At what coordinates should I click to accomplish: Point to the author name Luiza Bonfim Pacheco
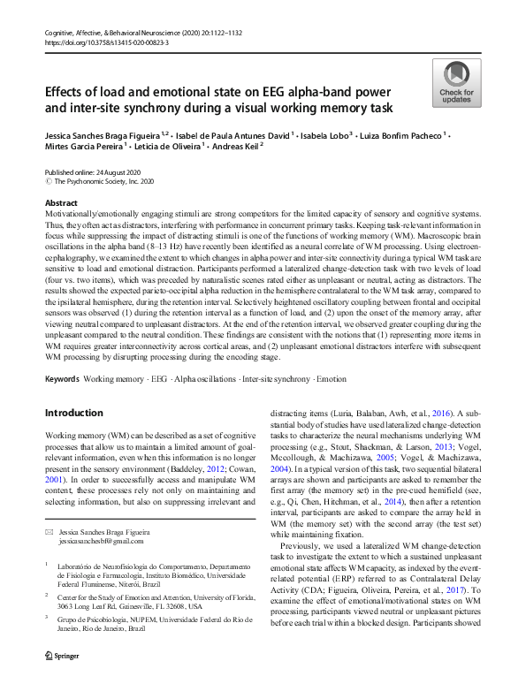click(x=402, y=136)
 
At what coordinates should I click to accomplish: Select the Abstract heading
click(x=61, y=203)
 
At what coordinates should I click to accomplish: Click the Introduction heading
click(x=74, y=414)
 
